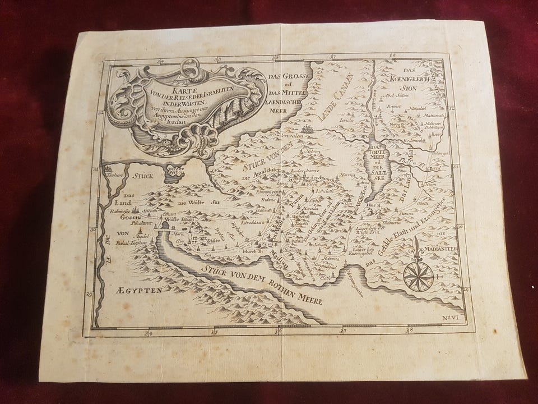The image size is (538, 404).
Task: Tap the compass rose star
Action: [x=418, y=277]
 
